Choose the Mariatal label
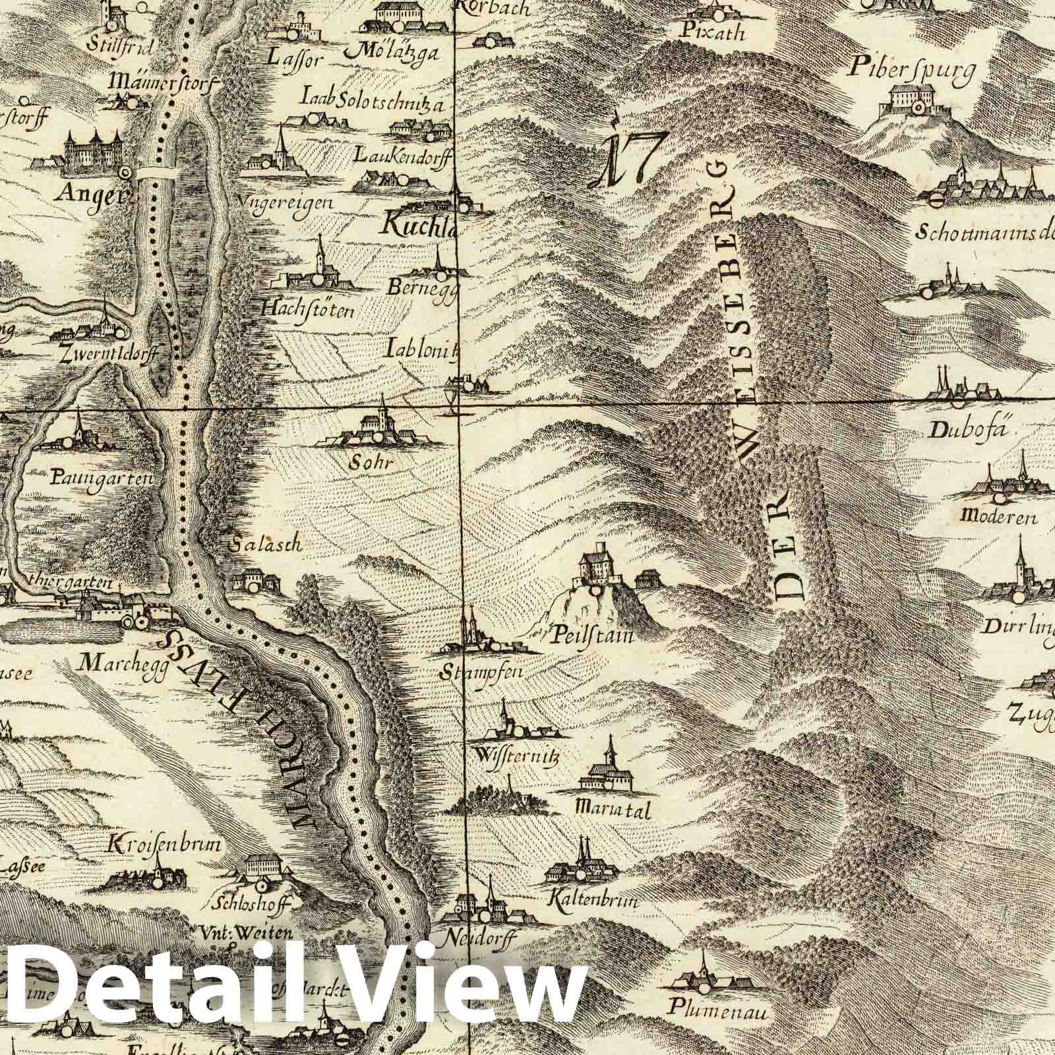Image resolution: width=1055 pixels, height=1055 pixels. coord(613,810)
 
